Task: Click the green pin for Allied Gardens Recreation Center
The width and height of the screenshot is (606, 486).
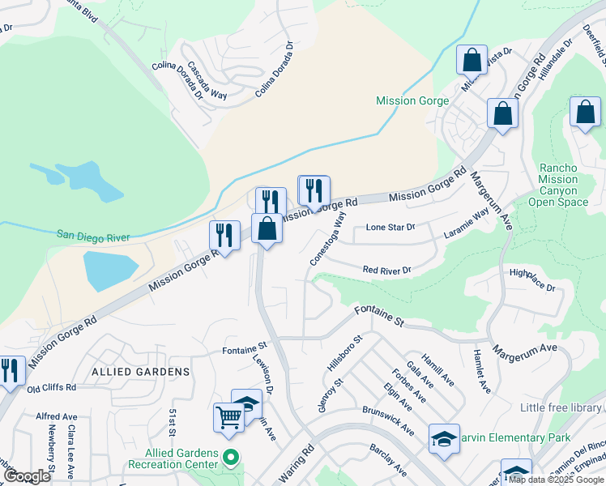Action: click(231, 458)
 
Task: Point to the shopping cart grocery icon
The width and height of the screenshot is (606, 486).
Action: click(228, 417)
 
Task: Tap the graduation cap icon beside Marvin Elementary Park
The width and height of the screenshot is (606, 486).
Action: click(444, 438)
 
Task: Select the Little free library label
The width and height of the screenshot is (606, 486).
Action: click(561, 407)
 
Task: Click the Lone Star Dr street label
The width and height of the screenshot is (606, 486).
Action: click(390, 228)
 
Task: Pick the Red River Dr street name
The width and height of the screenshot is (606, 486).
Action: click(386, 270)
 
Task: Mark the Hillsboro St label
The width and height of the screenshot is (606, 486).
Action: click(343, 353)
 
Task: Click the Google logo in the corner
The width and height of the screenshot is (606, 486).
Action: click(27, 476)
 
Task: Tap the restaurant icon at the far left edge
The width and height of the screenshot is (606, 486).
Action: click(9, 371)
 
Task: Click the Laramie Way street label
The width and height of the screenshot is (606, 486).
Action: click(466, 225)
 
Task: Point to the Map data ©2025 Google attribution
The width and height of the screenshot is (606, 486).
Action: click(556, 480)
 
